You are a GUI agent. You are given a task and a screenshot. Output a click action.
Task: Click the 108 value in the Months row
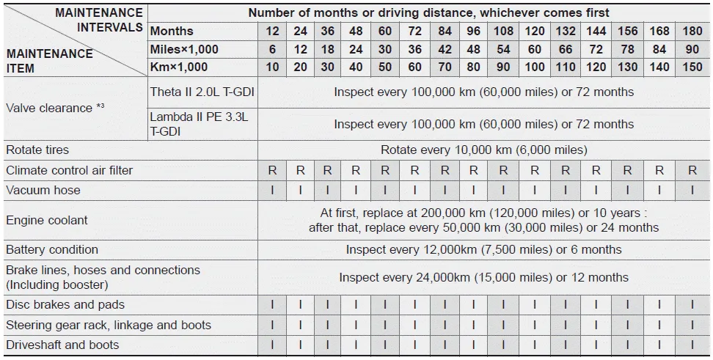(503, 31)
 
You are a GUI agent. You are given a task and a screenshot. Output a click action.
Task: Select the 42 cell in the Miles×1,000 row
(445, 49)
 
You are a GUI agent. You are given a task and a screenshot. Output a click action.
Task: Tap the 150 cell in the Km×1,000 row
(692, 67)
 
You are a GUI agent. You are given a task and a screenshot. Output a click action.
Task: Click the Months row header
(172, 31)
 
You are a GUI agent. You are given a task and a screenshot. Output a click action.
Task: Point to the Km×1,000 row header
(179, 67)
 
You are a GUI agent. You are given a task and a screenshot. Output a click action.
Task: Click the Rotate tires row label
(37, 150)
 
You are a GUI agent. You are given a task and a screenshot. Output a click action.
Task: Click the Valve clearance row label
(55, 108)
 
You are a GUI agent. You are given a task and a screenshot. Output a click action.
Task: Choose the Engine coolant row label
(47, 220)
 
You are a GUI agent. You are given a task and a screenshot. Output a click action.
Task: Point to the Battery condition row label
(52, 250)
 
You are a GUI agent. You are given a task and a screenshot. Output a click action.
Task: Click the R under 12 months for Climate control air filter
(272, 170)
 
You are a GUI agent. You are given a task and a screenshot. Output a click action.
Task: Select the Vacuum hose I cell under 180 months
(692, 191)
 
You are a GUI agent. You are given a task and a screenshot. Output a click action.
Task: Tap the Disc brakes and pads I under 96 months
(474, 305)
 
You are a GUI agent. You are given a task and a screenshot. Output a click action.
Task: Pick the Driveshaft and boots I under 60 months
(385, 345)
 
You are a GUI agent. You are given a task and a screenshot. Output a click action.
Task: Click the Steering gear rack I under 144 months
(596, 326)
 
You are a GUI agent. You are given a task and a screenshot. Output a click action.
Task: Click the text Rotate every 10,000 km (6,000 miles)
(483, 150)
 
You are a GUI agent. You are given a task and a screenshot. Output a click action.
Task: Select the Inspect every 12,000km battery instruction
(483, 250)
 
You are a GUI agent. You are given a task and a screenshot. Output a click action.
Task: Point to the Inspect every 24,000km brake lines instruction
(483, 278)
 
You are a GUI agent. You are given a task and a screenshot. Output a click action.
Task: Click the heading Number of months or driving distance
(428, 12)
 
